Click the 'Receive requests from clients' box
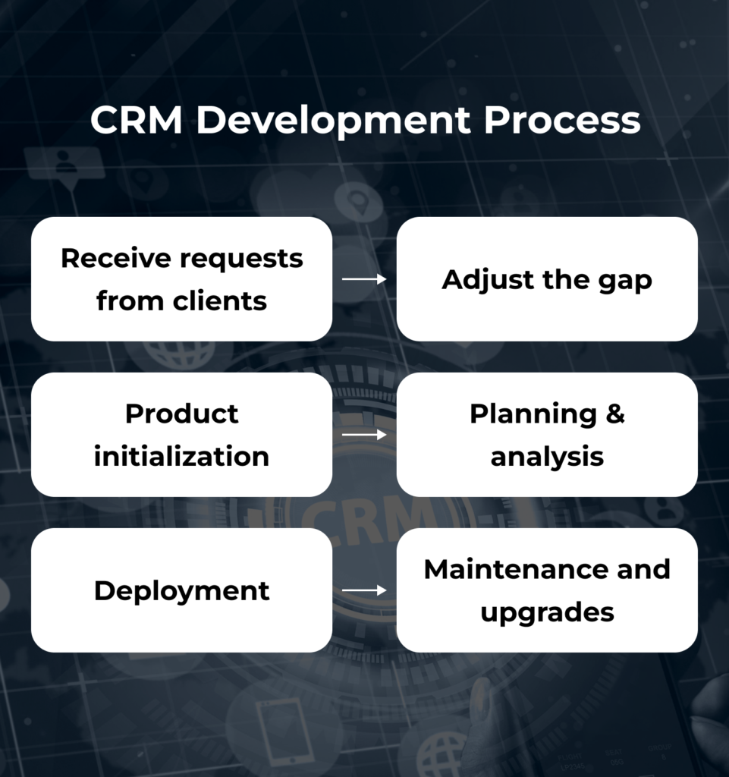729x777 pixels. (181, 279)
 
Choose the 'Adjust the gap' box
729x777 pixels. (547, 279)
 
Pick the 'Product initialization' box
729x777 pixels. (181, 435)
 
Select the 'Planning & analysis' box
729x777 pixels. (547, 435)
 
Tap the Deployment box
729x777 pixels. (181, 590)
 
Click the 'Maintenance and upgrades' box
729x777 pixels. (547, 590)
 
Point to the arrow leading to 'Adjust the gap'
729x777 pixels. (364, 279)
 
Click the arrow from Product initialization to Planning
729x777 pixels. (364, 435)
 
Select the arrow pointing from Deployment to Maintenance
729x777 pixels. (364, 590)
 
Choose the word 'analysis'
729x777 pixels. (547, 457)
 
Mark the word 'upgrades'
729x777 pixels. (547, 612)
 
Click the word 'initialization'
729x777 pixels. (181, 457)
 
